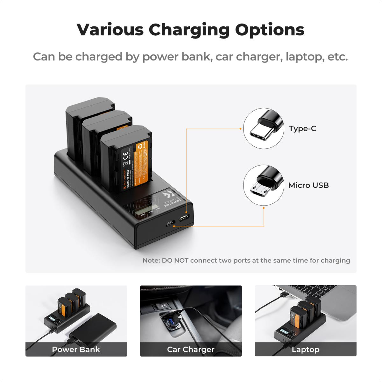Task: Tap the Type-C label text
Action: point(302,129)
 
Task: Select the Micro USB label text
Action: point(308,185)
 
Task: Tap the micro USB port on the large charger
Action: point(184,218)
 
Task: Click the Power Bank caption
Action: point(76,350)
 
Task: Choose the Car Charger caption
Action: point(191,350)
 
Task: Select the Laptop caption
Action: point(305,350)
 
